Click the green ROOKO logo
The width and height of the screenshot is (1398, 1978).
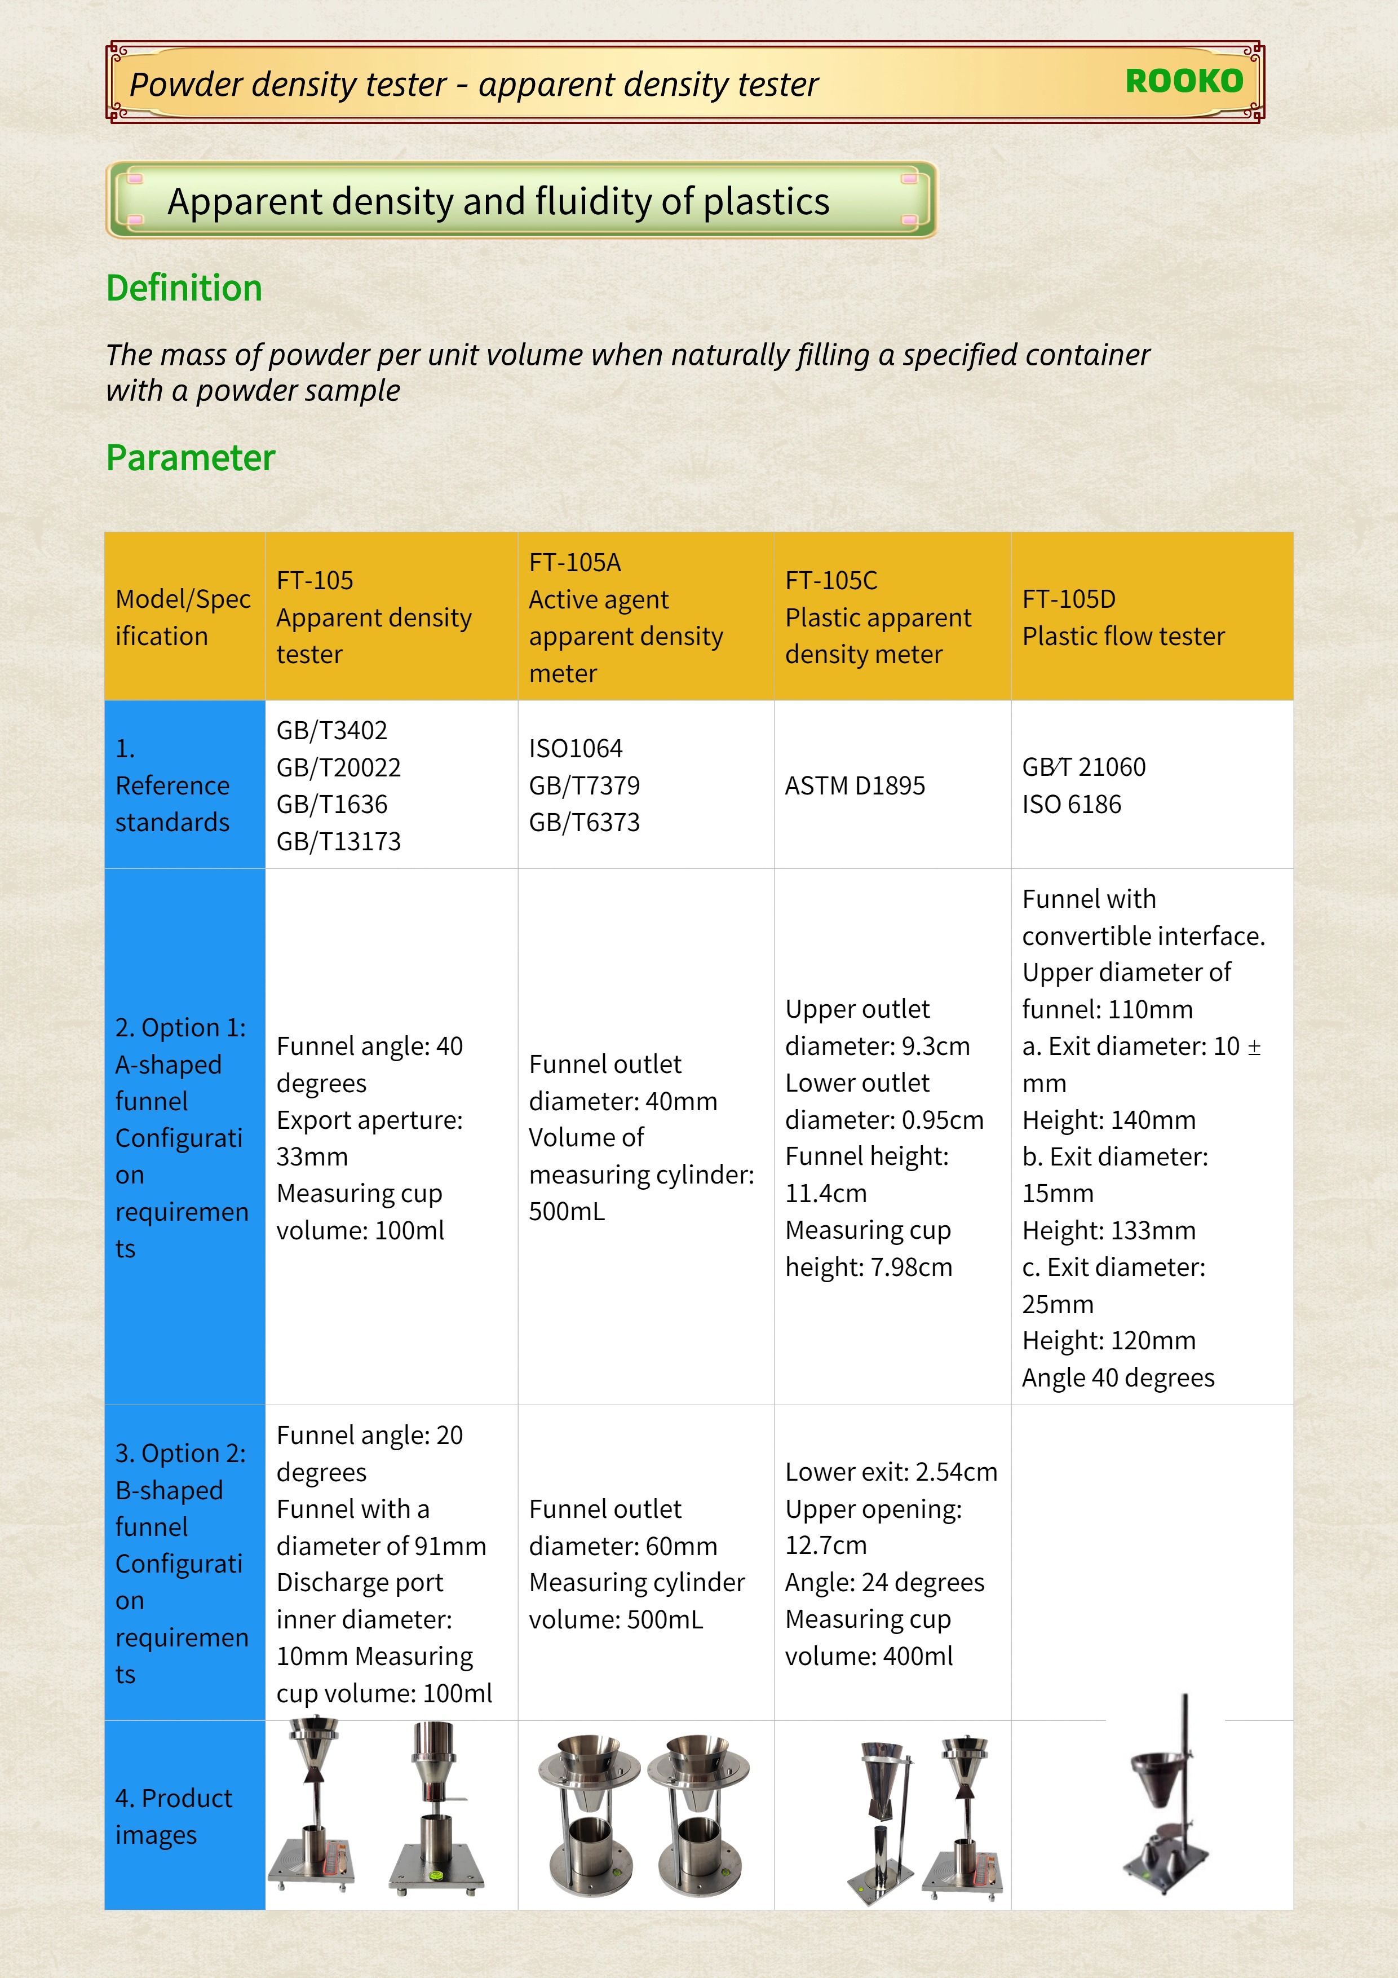1184,81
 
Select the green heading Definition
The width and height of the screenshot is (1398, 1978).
184,288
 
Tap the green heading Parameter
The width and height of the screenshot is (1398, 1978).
191,457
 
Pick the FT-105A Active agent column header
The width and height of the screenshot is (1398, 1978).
625,617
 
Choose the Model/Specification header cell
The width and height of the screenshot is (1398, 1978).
183,617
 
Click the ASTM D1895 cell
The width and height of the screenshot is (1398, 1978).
855,785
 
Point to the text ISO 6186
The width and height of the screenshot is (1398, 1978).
1072,805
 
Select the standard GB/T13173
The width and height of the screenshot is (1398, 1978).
339,842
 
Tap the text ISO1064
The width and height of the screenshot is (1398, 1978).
576,749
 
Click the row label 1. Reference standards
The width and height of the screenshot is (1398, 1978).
172,785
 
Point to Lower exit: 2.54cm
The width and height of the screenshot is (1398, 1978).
891,1472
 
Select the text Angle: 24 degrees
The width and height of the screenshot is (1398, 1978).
884,1583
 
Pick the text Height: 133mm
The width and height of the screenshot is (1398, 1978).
1109,1231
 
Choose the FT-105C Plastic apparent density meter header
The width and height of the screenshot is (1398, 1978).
878,617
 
